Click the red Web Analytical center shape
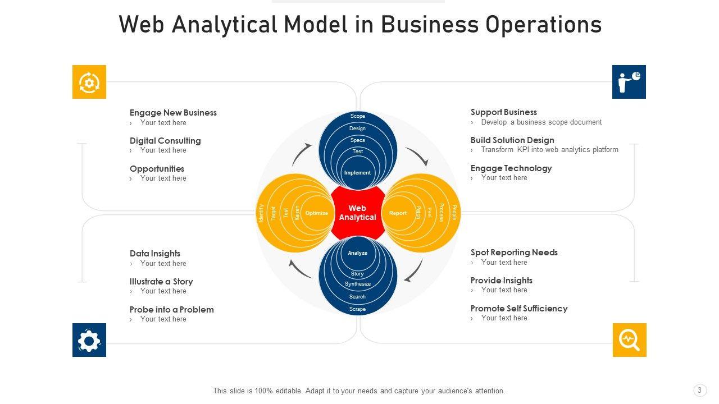click(x=357, y=213)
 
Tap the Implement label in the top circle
click(x=357, y=173)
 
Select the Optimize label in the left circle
click(x=316, y=213)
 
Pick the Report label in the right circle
click(x=398, y=213)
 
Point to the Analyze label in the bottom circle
click(x=357, y=253)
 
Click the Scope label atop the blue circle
click(x=358, y=116)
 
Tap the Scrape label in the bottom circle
click(x=357, y=309)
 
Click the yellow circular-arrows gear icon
click(x=89, y=82)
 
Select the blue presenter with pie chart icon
click(x=629, y=82)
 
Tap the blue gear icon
click(x=89, y=340)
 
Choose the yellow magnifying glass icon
click(x=629, y=340)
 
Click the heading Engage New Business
click(x=173, y=113)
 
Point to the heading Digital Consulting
click(x=165, y=141)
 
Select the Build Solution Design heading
click(x=512, y=140)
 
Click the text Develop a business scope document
click(x=541, y=122)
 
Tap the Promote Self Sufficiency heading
click(x=519, y=309)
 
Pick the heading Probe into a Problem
click(x=171, y=310)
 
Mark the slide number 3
click(x=699, y=391)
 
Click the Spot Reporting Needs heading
click(x=514, y=252)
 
